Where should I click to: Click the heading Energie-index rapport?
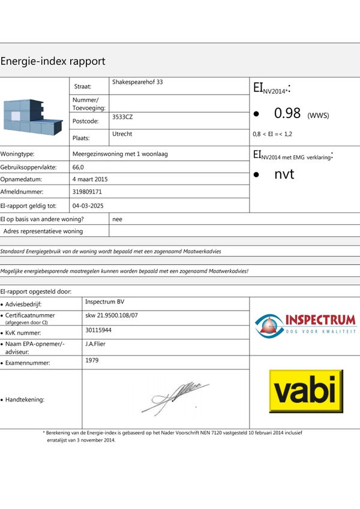pos(53,61)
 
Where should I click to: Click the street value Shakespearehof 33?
pos(137,82)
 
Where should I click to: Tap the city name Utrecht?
pos(122,134)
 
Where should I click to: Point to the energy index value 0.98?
pos(287,113)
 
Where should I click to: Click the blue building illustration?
pos(32,116)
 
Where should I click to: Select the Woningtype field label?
pos(17,154)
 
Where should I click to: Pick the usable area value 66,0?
pos(78,167)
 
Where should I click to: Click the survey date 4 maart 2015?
pos(90,179)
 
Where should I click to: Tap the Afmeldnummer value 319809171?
pos(87,192)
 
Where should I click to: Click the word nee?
pos(118,219)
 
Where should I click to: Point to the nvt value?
pos(284,174)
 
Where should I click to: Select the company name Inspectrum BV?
pos(105,302)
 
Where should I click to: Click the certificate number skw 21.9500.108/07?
pos(112,315)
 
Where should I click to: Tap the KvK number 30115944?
pos(98,330)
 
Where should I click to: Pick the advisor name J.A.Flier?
pos(97,344)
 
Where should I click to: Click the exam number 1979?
pos(92,360)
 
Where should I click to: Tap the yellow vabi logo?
pos(306,391)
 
